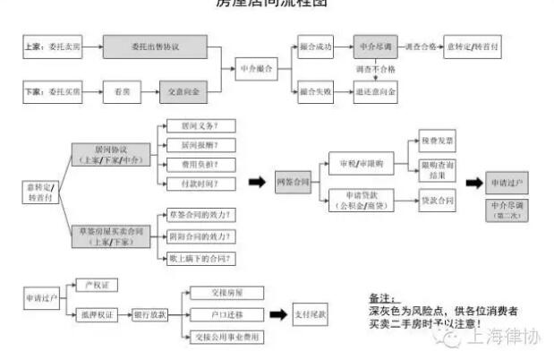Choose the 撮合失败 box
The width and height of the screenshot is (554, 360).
pyautogui.click(x=316, y=90)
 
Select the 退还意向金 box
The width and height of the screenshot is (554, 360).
pyautogui.click(x=377, y=90)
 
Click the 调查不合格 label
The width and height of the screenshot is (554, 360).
pyautogui.click(x=377, y=68)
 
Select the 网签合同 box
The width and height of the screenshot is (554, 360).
pyautogui.click(x=291, y=183)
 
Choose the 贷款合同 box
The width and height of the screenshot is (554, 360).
pyautogui.click(x=437, y=201)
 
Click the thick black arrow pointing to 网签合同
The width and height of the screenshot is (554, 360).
pyautogui.click(x=257, y=183)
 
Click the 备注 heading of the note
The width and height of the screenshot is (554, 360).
pyautogui.click(x=381, y=296)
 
